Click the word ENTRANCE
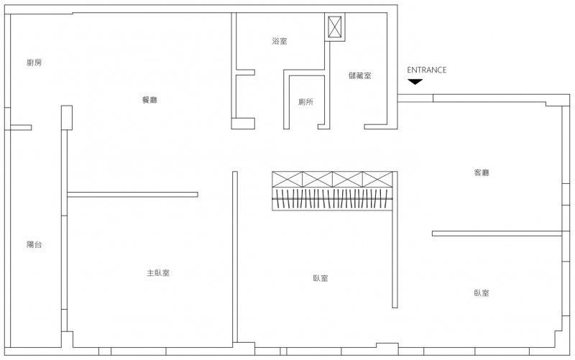(426, 70)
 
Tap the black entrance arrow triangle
(415, 82)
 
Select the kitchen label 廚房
(34, 63)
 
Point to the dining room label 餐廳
(149, 100)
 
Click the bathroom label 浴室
(280, 41)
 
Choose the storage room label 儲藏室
(360, 75)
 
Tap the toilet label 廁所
(306, 102)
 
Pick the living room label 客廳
(482, 172)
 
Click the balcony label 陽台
(34, 244)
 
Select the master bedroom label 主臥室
(158, 273)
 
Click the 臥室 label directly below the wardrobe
(321, 278)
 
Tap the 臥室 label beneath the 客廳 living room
(482, 293)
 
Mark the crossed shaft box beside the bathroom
(334, 27)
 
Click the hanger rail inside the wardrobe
(332, 199)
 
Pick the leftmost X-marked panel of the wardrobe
(287, 179)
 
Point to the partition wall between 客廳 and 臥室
(497, 234)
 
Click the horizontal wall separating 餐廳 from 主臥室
(132, 195)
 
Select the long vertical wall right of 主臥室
(235, 257)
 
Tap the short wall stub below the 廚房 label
(21, 128)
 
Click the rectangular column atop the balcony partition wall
(67, 118)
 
